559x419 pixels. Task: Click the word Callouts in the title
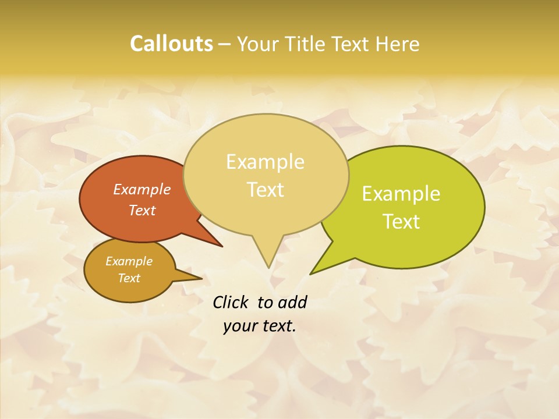point(171,44)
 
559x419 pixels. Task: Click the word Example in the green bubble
point(401,194)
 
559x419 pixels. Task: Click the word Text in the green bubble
point(401,222)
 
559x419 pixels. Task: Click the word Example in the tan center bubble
point(265,162)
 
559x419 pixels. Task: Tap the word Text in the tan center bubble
point(265,190)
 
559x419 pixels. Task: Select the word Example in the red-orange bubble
point(142,189)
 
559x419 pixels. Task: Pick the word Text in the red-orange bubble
point(142,210)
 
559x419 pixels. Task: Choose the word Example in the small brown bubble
point(129,261)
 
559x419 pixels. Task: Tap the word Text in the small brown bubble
point(129,278)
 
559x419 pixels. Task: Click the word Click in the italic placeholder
point(231,302)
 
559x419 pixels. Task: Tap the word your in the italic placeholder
point(240,326)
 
